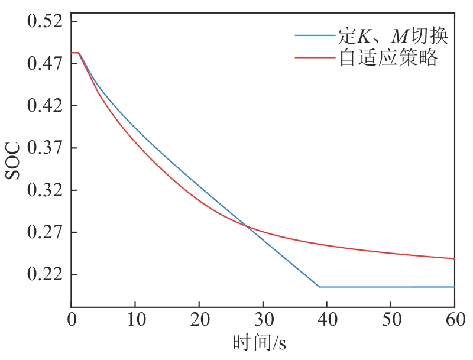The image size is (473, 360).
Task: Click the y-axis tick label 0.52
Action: click(x=45, y=22)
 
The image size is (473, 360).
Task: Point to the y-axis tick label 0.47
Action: click(x=45, y=64)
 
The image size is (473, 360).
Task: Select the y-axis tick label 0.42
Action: click(x=45, y=106)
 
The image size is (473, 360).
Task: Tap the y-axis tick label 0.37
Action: click(x=45, y=148)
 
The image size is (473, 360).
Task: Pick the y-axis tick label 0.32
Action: click(x=45, y=191)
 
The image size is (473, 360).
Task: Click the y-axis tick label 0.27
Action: click(x=45, y=233)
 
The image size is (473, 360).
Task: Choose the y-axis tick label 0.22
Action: click(x=45, y=275)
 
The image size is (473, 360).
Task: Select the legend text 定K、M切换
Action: click(x=393, y=37)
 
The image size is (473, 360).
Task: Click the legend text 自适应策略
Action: click(x=388, y=58)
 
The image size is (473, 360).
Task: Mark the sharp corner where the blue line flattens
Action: click(x=319, y=287)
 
